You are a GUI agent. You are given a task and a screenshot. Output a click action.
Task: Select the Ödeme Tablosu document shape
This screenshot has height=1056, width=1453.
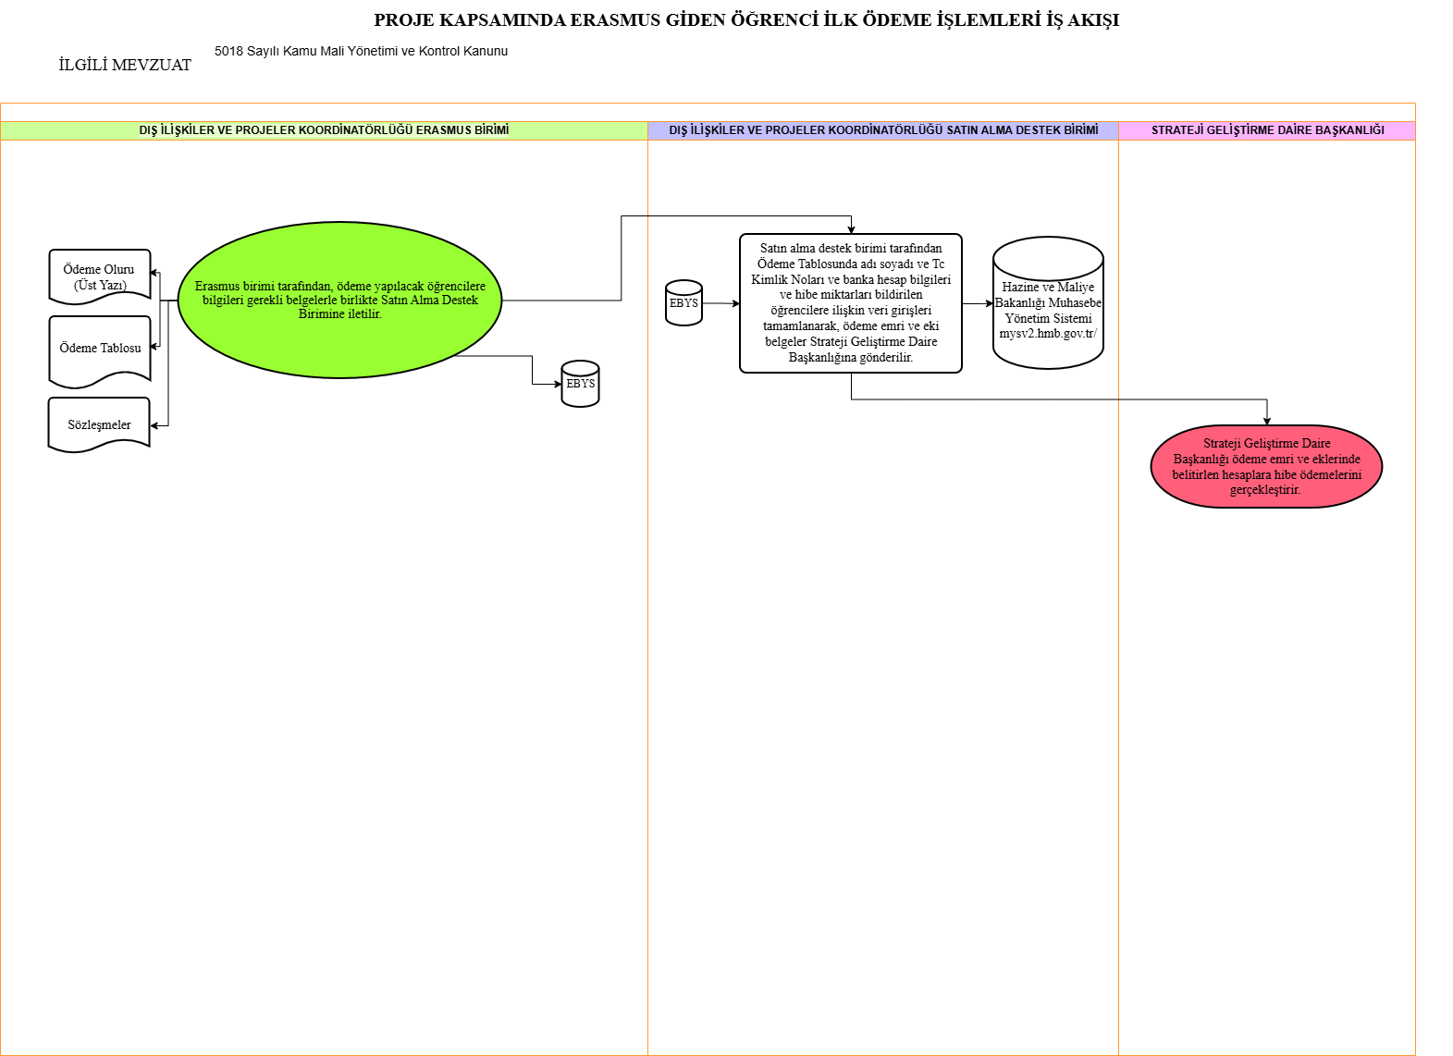100,350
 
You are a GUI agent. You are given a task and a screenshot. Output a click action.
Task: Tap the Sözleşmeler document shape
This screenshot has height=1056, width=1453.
99,424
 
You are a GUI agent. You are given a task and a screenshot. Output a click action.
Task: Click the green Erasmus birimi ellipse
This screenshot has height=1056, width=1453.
339,300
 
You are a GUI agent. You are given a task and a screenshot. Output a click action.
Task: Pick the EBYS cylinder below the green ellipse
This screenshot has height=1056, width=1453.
580,384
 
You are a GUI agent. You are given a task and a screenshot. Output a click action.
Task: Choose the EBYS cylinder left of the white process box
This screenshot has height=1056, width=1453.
683,303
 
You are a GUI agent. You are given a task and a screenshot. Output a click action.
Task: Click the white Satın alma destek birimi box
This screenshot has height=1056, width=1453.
850,303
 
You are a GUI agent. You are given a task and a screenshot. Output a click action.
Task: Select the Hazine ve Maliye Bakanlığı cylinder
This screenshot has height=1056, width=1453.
1048,303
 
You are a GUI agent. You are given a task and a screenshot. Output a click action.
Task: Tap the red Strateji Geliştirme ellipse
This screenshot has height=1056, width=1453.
1266,466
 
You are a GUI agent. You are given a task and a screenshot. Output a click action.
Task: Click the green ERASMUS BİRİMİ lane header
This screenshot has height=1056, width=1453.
324,130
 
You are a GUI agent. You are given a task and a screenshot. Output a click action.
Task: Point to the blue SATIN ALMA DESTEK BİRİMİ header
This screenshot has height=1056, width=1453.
883,130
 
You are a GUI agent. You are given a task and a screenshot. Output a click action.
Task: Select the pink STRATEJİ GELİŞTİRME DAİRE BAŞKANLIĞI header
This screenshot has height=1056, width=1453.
1267,130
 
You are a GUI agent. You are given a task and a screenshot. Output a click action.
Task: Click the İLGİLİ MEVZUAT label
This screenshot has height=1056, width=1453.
125,65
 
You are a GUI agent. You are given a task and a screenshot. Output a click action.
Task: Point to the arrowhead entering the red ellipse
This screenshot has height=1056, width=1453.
1267,422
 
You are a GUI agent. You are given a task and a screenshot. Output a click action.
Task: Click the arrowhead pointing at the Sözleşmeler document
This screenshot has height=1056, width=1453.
154,425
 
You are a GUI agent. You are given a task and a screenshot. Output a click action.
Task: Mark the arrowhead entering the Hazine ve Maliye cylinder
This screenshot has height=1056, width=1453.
990,303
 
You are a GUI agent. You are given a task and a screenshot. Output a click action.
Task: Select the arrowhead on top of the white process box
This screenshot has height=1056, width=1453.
851,229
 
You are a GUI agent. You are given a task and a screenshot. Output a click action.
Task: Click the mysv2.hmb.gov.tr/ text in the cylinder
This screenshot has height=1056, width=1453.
1048,334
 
